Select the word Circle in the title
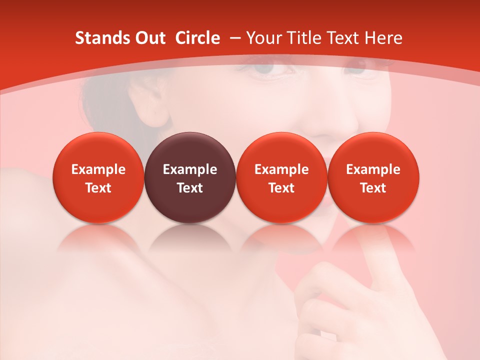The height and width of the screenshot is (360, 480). click(197, 38)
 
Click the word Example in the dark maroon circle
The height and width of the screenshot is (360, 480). click(190, 169)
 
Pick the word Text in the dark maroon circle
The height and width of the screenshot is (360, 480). click(190, 188)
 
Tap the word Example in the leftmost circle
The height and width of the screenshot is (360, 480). click(98, 169)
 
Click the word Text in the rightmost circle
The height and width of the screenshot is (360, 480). click(373, 188)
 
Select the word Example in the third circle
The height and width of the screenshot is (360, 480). click(282, 169)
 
